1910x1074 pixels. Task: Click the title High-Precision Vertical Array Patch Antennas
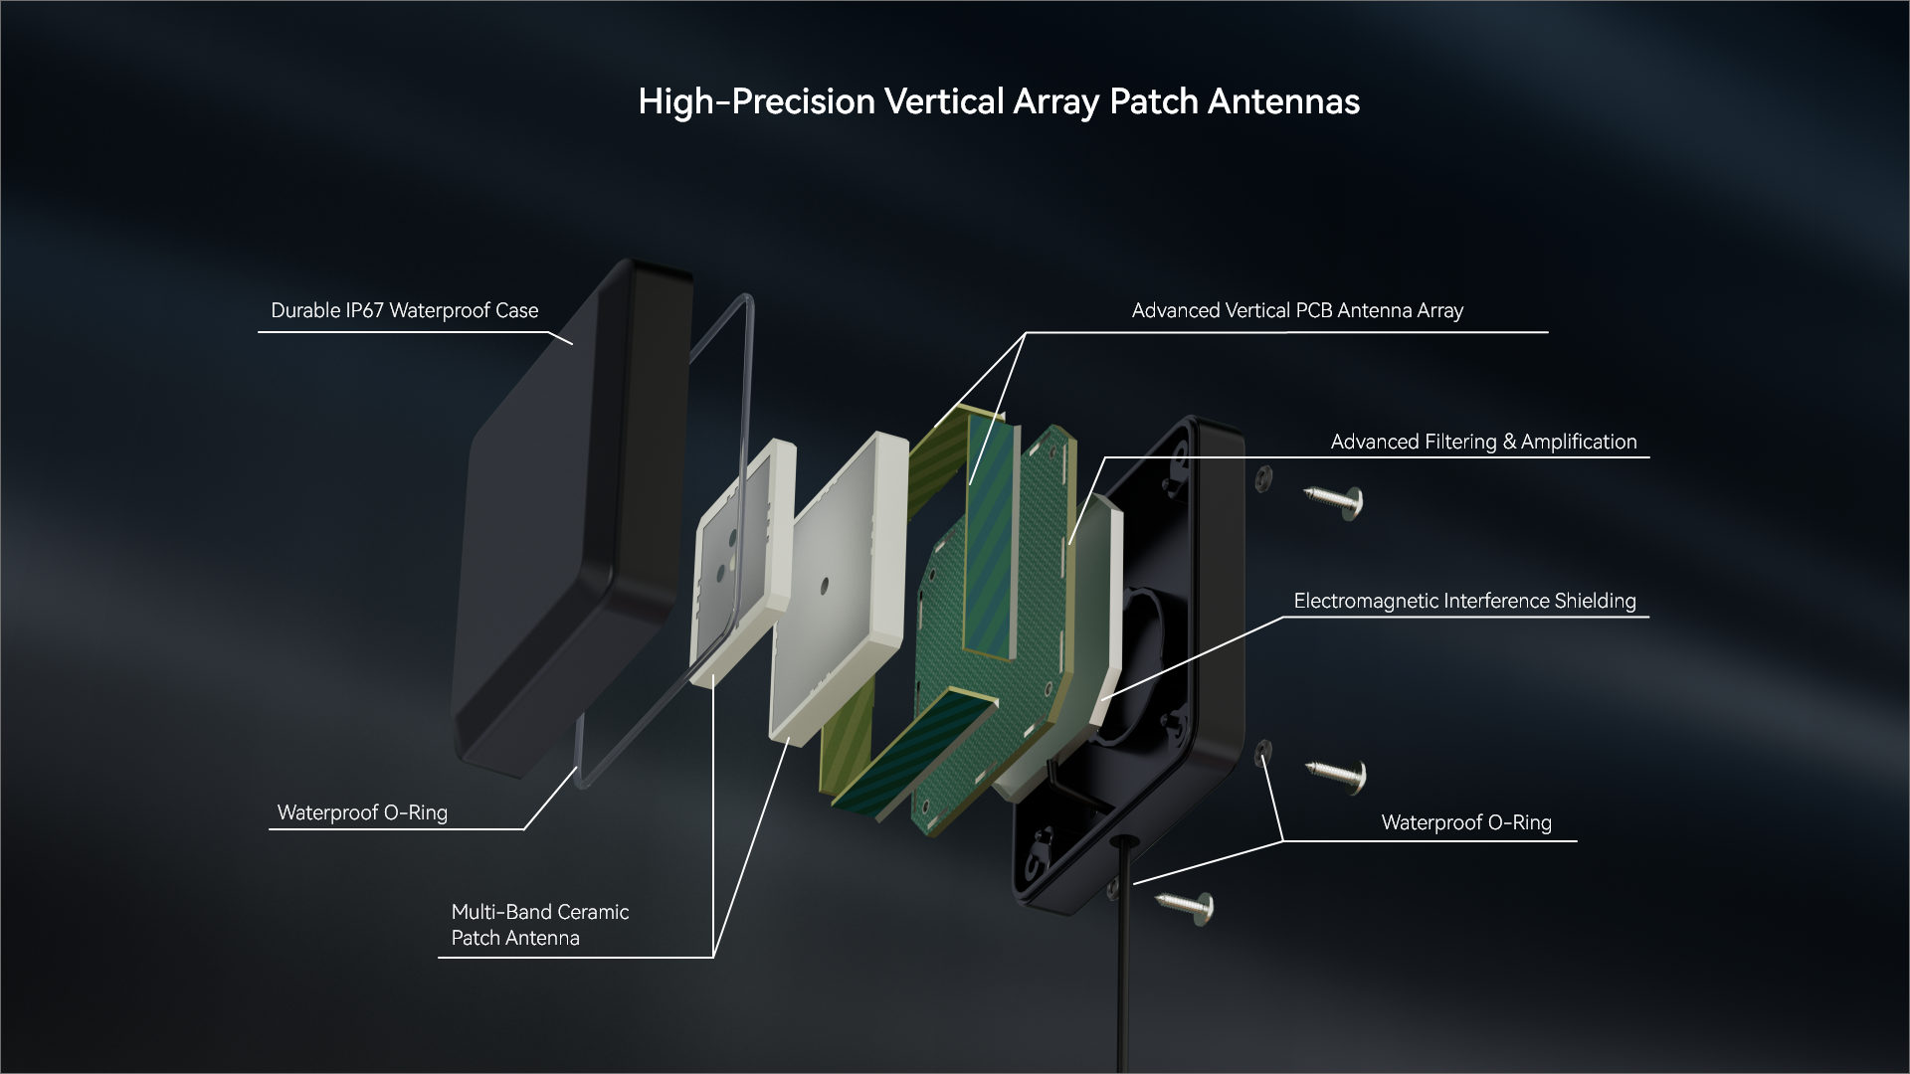pyautogui.click(x=998, y=101)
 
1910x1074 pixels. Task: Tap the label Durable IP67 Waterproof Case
pyautogui.click(x=404, y=310)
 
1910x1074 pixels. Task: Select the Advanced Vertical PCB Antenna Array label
pyautogui.click(x=1297, y=310)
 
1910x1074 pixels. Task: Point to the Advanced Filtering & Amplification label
pyautogui.click(x=1483, y=442)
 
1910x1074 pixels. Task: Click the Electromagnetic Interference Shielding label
pyautogui.click(x=1464, y=601)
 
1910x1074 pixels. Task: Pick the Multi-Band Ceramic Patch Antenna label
pyautogui.click(x=539, y=925)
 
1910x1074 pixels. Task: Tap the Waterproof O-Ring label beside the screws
pyautogui.click(x=1466, y=822)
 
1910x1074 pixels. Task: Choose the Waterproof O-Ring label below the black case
pyautogui.click(x=362, y=812)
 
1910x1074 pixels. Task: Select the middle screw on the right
pyautogui.click(x=1338, y=774)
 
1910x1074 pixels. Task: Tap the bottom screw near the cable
pyautogui.click(x=1186, y=904)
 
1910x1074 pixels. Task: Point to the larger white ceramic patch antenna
pyautogui.click(x=841, y=587)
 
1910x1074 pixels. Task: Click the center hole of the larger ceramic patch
pyautogui.click(x=824, y=587)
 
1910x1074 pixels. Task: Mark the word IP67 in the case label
pyautogui.click(x=364, y=310)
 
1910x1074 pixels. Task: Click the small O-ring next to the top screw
pyautogui.click(x=1263, y=479)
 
